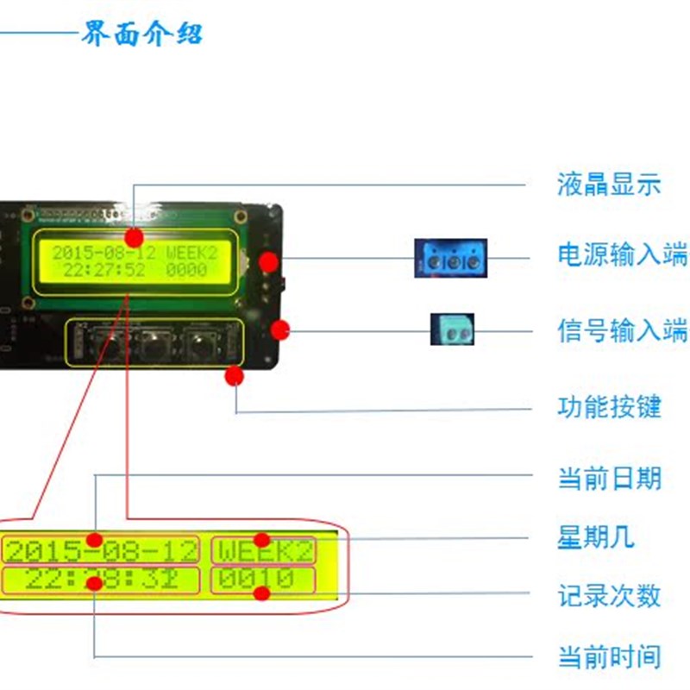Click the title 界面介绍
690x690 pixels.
[x=142, y=34]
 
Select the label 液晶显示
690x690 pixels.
[x=609, y=184]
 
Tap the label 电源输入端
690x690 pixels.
[x=622, y=256]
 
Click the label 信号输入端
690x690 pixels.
[x=622, y=330]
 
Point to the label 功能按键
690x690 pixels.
[x=609, y=406]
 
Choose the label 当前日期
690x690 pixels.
[x=609, y=477]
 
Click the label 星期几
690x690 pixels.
[x=596, y=536]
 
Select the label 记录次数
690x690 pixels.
[x=609, y=594]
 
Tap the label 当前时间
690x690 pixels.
[x=609, y=658]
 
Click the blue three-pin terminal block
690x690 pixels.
[x=450, y=258]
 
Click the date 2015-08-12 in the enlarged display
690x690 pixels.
[x=101, y=549]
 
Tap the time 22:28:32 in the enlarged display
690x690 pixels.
[x=101, y=580]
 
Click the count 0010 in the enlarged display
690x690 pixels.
[x=255, y=580]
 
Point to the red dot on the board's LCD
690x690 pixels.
[x=134, y=237]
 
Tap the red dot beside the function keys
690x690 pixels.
[x=234, y=376]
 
